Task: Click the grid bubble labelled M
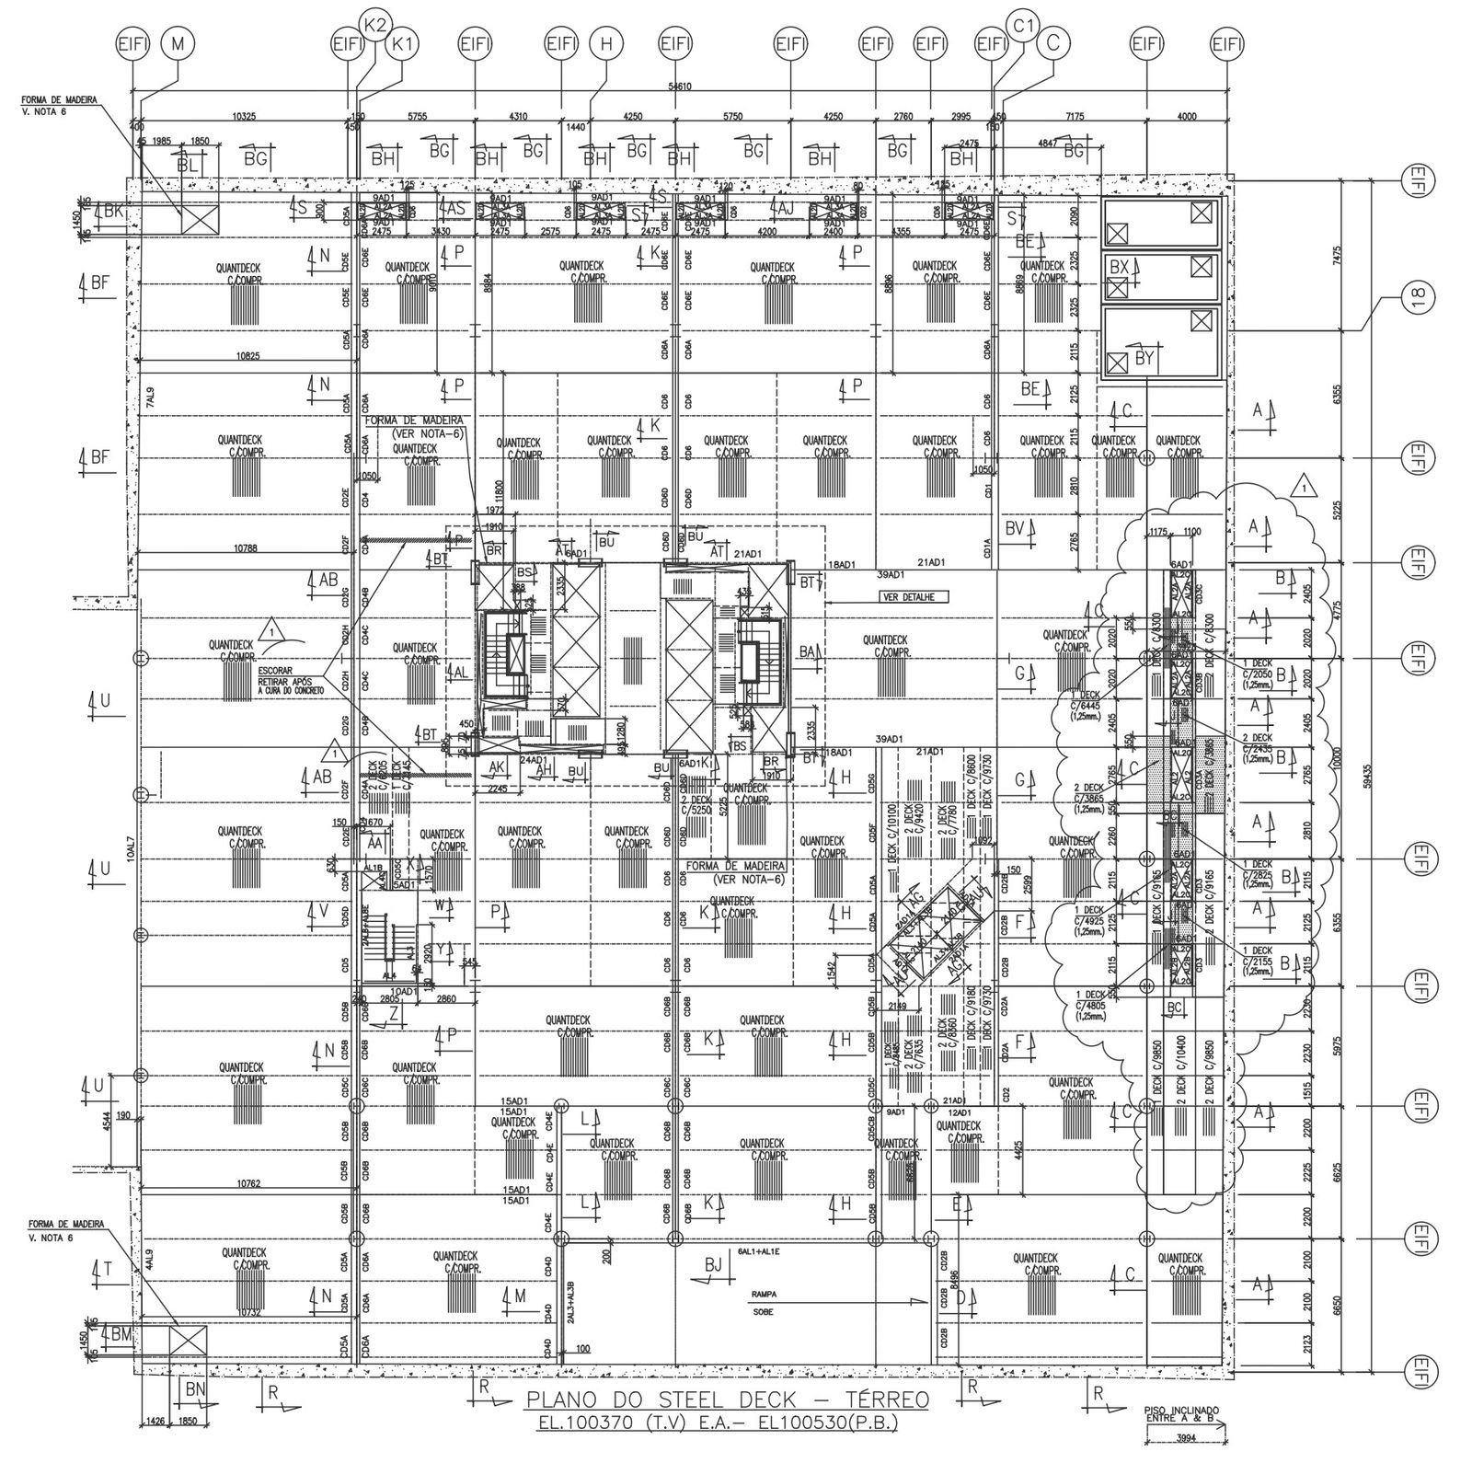[x=178, y=42]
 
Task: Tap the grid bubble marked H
[x=604, y=42]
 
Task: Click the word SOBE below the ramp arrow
[x=763, y=1312]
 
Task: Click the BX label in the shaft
[x=1120, y=266]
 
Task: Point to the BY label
[x=1144, y=359]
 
